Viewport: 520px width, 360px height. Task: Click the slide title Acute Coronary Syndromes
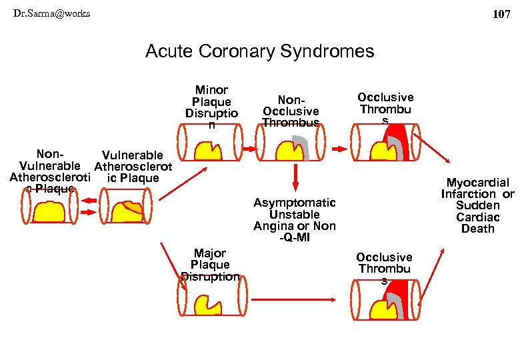pyautogui.click(x=259, y=51)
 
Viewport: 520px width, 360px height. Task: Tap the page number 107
pyautogui.click(x=501, y=14)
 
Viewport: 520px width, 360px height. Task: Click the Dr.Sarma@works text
pyautogui.click(x=51, y=13)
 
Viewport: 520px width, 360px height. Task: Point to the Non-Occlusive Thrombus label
pyautogui.click(x=291, y=111)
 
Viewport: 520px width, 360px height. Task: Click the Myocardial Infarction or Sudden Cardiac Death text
pyautogui.click(x=477, y=205)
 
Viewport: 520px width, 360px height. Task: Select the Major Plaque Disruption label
pyautogui.click(x=210, y=265)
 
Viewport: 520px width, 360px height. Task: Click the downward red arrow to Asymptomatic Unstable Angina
pyautogui.click(x=294, y=177)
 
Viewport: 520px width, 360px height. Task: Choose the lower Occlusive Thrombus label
pyautogui.click(x=384, y=268)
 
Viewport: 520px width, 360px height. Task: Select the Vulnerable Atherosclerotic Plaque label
pyautogui.click(x=133, y=167)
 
